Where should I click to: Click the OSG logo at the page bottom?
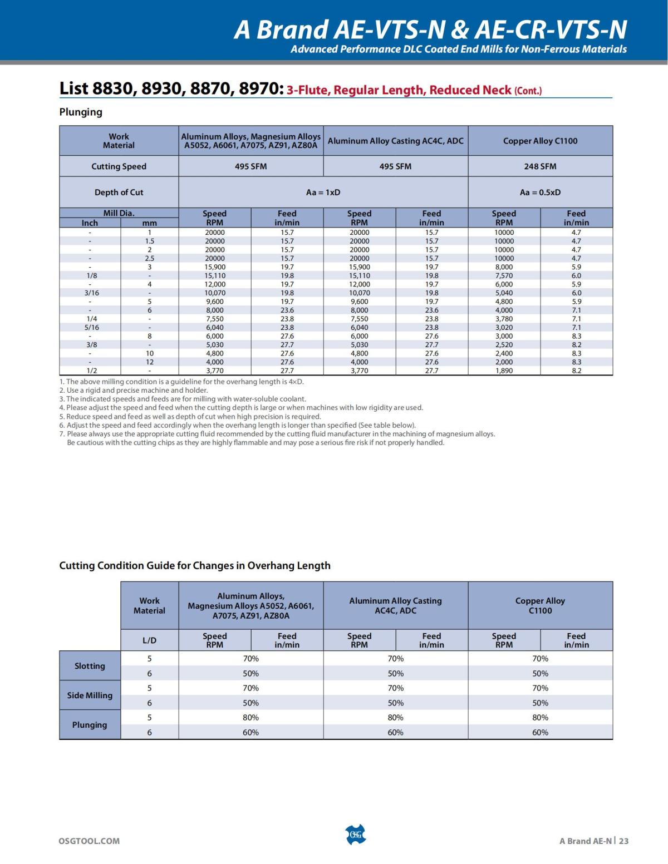(356, 835)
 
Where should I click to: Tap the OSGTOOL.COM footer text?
(89, 841)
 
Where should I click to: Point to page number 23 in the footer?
(623, 841)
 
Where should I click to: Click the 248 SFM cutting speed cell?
(540, 166)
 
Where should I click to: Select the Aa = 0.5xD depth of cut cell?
(540, 192)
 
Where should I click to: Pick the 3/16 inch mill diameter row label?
(92, 293)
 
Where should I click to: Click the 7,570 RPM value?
(504, 275)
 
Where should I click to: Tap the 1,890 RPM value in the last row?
(504, 371)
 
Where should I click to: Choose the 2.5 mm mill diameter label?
(149, 258)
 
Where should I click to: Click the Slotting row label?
(90, 666)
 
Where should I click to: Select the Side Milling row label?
(90, 695)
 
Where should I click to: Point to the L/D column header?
(149, 640)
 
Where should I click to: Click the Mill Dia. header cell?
(119, 213)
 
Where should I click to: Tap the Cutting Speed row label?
(119, 166)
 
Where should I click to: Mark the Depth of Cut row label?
(119, 192)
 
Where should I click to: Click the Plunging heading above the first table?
(81, 112)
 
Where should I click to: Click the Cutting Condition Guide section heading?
(195, 565)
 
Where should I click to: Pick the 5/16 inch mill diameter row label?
(92, 328)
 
